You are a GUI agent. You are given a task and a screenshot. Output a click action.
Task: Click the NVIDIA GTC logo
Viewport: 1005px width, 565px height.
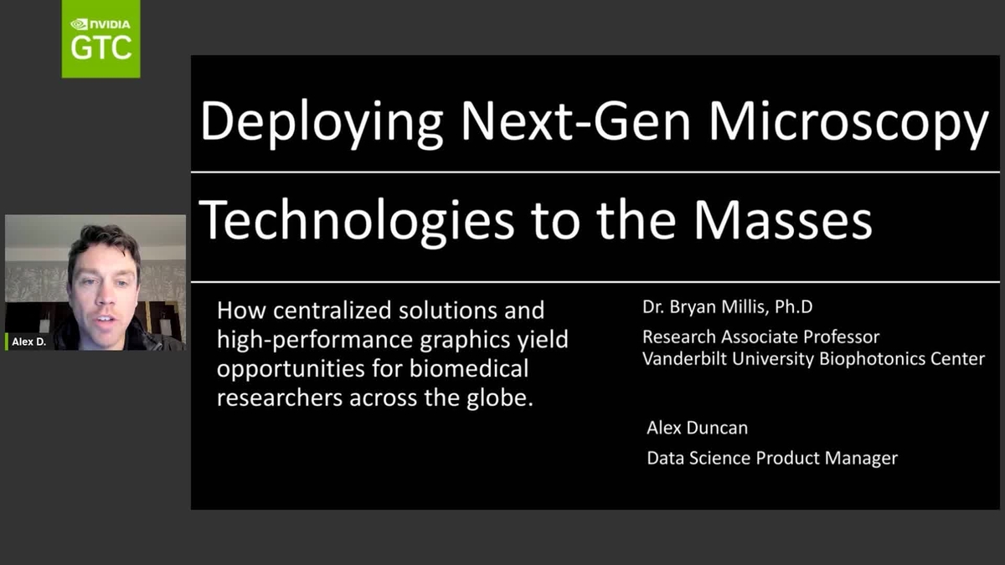click(100, 39)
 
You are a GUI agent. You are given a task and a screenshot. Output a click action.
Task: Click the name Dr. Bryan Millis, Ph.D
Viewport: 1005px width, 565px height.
click(727, 307)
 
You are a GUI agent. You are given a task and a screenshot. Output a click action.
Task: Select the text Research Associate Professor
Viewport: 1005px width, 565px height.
click(760, 337)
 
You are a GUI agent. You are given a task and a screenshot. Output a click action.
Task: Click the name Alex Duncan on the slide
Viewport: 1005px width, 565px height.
click(697, 428)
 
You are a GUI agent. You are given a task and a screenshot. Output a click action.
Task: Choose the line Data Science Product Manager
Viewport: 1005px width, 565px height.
click(771, 458)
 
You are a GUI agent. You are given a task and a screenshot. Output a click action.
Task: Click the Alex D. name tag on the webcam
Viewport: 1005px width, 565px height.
click(28, 342)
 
